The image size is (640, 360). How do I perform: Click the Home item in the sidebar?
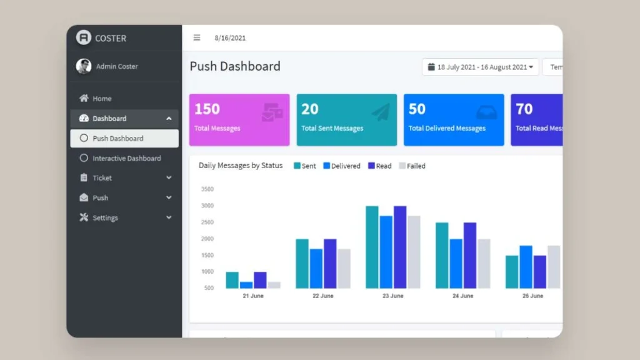[101, 99]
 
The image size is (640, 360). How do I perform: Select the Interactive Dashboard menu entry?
[126, 159]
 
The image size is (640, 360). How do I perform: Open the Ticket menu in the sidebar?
[102, 178]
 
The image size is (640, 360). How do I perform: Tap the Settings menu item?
[104, 218]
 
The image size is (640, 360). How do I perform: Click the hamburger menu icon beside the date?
[197, 37]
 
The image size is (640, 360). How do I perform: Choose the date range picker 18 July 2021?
[480, 67]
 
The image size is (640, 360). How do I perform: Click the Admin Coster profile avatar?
[84, 66]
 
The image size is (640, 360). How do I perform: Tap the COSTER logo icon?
[84, 37]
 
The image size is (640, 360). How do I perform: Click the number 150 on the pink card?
[207, 109]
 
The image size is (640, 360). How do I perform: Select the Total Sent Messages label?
[332, 129]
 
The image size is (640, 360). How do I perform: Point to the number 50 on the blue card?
[417, 109]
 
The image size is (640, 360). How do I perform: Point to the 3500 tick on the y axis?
[207, 189]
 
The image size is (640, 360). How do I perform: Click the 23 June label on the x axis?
[392, 296]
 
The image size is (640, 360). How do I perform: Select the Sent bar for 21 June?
[232, 280]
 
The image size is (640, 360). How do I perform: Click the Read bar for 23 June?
[400, 247]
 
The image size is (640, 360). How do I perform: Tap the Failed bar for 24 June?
[484, 263]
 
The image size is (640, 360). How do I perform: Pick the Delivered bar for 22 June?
[316, 269]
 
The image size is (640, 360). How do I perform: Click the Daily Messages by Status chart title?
[241, 166]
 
